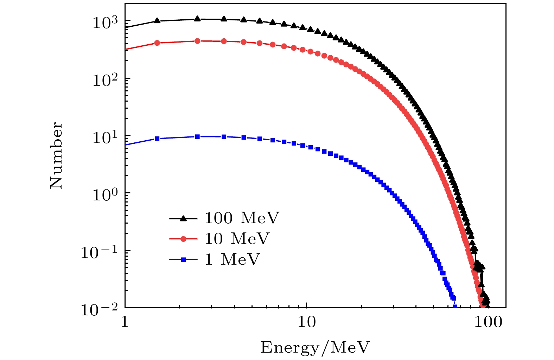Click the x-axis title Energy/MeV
coord(315,348)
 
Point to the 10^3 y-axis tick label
coord(104,22)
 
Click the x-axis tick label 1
coord(125,322)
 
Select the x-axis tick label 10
coord(307,322)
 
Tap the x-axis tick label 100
coord(488,322)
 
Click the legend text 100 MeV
coord(242,218)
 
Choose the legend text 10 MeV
coord(237,239)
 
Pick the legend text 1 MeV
coord(232,259)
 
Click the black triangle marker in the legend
coord(183,218)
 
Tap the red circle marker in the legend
coord(183,239)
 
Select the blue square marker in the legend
coord(183,260)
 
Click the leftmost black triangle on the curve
coord(157,20)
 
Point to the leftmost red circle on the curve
coord(157,43)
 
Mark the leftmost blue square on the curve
coord(157,139)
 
